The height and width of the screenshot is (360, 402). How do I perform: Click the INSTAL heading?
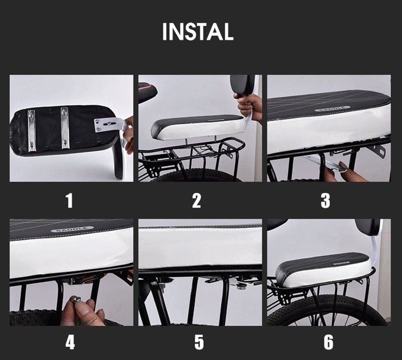[x=198, y=32]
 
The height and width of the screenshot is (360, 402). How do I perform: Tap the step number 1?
[x=69, y=201]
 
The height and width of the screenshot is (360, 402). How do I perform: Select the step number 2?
[x=196, y=201]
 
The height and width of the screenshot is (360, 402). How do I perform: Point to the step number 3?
[x=325, y=201]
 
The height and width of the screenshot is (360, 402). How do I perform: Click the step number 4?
[x=70, y=342]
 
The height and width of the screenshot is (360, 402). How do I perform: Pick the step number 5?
[x=199, y=342]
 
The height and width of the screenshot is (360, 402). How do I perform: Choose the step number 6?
[x=329, y=342]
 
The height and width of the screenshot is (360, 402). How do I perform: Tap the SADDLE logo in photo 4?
[x=72, y=229]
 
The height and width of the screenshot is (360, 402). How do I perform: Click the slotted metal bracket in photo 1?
[x=111, y=124]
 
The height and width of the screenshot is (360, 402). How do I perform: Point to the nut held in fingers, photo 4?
[x=76, y=299]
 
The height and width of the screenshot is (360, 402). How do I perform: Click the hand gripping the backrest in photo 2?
[x=248, y=106]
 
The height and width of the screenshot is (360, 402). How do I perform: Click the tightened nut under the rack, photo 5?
[x=242, y=285]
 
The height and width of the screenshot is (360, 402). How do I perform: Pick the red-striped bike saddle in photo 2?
[x=147, y=92]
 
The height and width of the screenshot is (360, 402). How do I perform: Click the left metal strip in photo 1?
[x=32, y=130]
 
